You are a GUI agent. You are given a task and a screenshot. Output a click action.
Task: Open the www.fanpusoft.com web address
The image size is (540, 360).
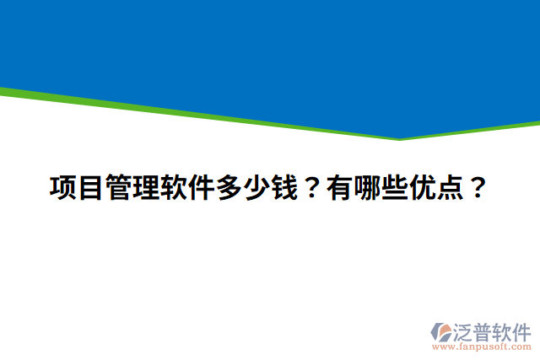(x=482, y=346)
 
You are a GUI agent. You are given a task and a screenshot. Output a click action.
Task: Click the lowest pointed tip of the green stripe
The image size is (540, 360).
(x=399, y=139)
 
